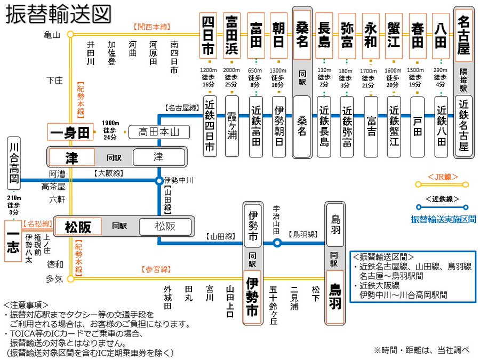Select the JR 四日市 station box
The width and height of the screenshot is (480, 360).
pyautogui.click(x=208, y=35)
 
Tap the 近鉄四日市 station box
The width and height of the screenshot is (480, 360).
pyautogui.click(x=210, y=126)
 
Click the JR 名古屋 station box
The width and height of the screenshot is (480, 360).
pyautogui.click(x=463, y=35)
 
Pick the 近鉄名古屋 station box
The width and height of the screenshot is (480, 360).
pyautogui.click(x=463, y=126)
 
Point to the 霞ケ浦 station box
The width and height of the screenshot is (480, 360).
pyautogui.click(x=232, y=126)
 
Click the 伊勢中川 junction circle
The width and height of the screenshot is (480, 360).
pyautogui.click(x=158, y=181)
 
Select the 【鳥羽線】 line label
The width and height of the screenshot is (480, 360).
pyautogui.click(x=302, y=234)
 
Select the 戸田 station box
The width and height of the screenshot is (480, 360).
pyautogui.click(x=418, y=126)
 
